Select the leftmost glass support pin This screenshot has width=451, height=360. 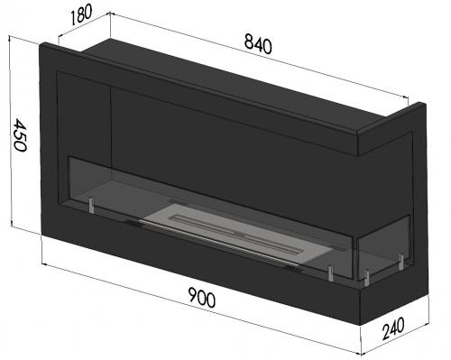tap(91, 208)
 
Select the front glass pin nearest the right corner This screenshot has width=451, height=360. tap(330, 272)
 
